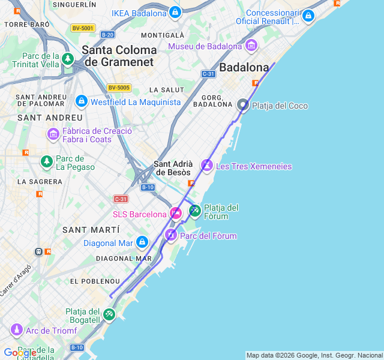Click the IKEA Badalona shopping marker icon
(x=175, y=13)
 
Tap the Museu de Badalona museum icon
(x=251, y=46)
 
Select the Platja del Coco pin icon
(x=243, y=105)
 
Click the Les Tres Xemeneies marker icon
(x=207, y=164)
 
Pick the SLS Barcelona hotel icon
(x=176, y=213)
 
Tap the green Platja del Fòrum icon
(x=195, y=211)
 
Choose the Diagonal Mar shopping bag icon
(x=142, y=242)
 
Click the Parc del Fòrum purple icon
(x=171, y=235)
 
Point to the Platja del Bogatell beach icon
(x=109, y=314)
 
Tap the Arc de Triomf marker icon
(x=16, y=330)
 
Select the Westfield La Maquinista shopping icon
(x=82, y=101)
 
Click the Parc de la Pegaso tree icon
(x=46, y=161)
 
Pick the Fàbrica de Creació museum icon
(x=53, y=134)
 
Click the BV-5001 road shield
(x=82, y=28)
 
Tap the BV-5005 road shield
(x=119, y=88)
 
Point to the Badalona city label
(x=244, y=67)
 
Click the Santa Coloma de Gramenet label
(x=119, y=55)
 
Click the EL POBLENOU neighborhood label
(x=95, y=281)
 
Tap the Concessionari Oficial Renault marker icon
(x=308, y=16)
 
